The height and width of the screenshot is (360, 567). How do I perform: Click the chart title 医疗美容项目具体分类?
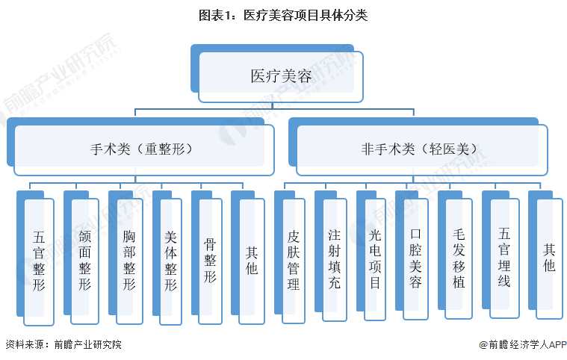(x=283, y=14)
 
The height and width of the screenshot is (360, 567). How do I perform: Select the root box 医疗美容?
(x=280, y=76)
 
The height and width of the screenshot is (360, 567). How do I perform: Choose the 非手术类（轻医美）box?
(x=422, y=148)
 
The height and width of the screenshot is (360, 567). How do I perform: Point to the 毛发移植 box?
(x=459, y=260)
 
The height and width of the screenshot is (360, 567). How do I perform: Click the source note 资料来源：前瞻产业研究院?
(x=63, y=344)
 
